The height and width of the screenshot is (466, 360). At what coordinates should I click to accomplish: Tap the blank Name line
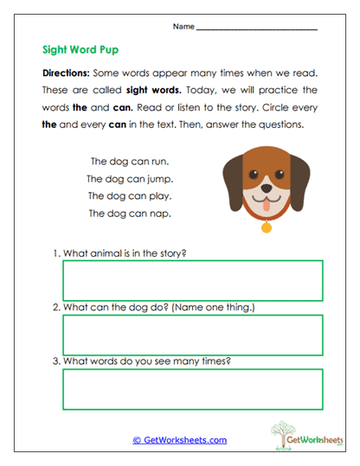coord(257,29)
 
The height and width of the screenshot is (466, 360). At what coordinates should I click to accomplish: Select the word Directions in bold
coord(69,74)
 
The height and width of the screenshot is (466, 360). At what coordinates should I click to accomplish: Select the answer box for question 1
coord(192,281)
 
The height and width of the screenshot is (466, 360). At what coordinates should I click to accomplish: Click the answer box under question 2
coord(192,335)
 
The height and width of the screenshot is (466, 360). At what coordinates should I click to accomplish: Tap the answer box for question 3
coord(192,390)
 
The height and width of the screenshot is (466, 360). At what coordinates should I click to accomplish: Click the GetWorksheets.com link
coord(179,440)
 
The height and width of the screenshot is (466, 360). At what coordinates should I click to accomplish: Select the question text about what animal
coord(125,253)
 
